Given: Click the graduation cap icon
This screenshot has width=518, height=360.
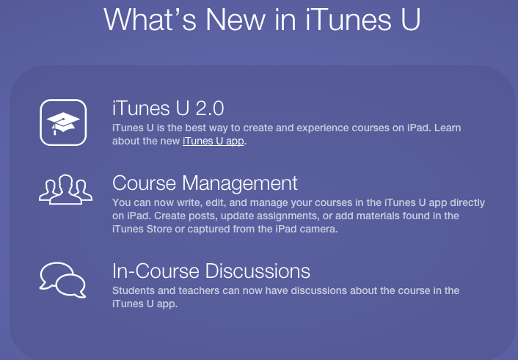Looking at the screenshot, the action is point(63,122).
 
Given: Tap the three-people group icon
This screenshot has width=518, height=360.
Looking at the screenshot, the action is point(65,190).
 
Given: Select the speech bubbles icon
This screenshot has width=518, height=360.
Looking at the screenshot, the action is point(63,280).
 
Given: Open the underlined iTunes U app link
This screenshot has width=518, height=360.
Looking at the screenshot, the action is point(213,141).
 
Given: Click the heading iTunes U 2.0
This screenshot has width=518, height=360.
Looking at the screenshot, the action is point(168,109).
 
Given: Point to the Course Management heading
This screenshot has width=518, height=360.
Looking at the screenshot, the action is point(205,183).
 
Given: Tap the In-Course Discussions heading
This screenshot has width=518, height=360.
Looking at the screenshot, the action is point(211,271).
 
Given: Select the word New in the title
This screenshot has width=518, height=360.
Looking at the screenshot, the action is point(236,20).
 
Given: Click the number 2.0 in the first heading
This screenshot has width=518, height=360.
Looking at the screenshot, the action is point(210,109).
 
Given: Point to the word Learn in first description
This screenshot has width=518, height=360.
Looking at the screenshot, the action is point(448,128).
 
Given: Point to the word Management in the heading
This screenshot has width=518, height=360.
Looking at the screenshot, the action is point(240,183).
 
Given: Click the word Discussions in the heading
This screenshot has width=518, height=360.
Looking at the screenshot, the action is point(258,271).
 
